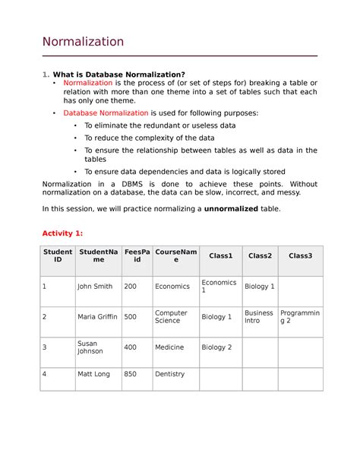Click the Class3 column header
pos(300,256)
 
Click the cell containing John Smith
pos(95,287)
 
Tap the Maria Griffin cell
pos(97,317)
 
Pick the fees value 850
pos(131,374)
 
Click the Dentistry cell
pos(169,374)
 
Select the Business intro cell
pos(258,317)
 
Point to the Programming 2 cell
pos(300,317)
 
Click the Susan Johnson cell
pos(90,347)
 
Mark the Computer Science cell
pos(171,317)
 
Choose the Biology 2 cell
pos(216,347)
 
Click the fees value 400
pos(131,347)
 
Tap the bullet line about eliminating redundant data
pos(159,125)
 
